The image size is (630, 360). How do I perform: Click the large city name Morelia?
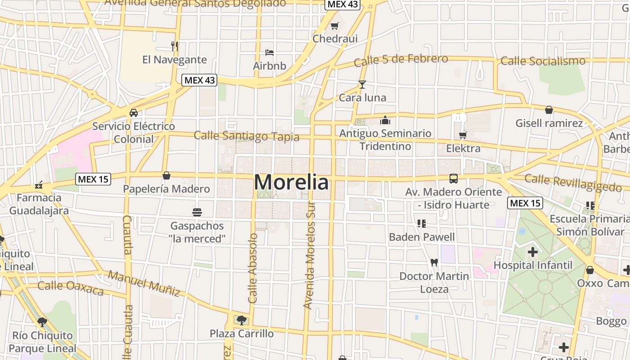point(291,182)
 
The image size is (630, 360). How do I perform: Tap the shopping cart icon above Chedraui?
point(334,26)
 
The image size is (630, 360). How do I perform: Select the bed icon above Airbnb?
point(270,53)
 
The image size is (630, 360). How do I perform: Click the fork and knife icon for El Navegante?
point(175,46)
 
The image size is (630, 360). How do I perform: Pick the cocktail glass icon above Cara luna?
point(362,84)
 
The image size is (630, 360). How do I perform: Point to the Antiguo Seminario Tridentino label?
point(385,139)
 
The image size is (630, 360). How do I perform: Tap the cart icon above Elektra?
point(463,135)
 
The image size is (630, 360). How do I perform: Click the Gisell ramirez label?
point(549,123)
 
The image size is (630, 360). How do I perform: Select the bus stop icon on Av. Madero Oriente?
point(454,178)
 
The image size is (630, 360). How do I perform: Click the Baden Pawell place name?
point(422,237)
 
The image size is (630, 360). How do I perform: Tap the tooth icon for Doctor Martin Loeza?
point(434,262)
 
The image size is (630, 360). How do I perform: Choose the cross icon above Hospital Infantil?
point(533,252)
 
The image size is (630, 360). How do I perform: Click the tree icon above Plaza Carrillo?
point(242,320)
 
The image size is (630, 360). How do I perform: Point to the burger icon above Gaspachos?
point(197,212)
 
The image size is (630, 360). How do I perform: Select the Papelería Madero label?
point(166,189)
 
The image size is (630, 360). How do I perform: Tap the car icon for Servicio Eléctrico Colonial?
point(134,112)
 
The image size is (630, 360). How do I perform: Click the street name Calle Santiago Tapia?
point(247,135)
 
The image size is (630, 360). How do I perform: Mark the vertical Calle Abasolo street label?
point(253,268)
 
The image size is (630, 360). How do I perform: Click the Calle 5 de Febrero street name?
point(401,60)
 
